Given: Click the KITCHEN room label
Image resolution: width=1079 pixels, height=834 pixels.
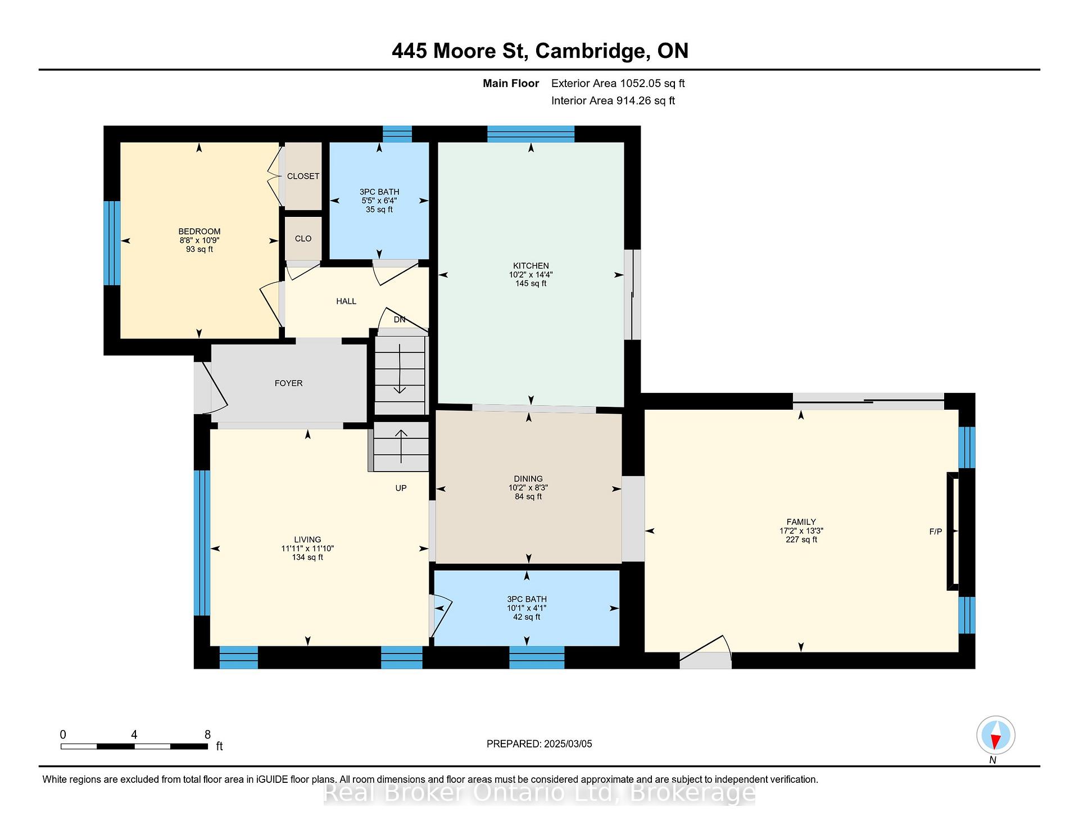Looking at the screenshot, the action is [x=531, y=266].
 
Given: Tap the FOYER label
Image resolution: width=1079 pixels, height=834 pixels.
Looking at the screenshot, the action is [x=288, y=383].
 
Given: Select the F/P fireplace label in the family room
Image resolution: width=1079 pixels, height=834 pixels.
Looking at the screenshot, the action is [x=935, y=531].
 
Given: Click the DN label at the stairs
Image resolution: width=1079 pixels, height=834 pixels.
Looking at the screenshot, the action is [x=400, y=320].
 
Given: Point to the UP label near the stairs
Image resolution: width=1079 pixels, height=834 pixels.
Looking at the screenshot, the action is [x=401, y=488].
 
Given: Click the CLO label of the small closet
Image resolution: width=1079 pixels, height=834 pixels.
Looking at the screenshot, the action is [x=303, y=238].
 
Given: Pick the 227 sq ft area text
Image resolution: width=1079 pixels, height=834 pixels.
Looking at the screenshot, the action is [x=801, y=540].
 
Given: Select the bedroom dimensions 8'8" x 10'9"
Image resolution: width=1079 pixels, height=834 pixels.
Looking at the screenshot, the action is [x=200, y=240].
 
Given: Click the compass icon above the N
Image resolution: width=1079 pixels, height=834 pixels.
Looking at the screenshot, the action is [x=995, y=735].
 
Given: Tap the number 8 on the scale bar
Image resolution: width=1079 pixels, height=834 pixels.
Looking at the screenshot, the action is [x=207, y=735].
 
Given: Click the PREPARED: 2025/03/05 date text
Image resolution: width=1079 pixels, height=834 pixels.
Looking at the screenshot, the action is [x=539, y=744].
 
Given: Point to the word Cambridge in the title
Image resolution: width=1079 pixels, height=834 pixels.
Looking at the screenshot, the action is [x=590, y=51].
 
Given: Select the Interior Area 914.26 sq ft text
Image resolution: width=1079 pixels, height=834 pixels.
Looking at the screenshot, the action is [x=613, y=101].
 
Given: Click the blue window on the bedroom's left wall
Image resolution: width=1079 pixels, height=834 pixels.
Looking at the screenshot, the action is [x=112, y=243].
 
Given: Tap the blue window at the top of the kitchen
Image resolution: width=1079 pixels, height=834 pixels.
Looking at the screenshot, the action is [x=531, y=134].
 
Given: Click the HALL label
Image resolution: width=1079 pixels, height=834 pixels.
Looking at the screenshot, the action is [x=346, y=301].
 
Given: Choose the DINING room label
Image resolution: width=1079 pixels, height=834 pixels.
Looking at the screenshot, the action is [x=528, y=479].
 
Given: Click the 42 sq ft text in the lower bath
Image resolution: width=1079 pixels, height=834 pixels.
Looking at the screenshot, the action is [x=527, y=617].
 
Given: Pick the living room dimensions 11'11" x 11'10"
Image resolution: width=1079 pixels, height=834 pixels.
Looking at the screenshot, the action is [x=307, y=549].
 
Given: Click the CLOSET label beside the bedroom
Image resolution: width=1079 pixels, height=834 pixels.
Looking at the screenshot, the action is [x=303, y=176].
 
